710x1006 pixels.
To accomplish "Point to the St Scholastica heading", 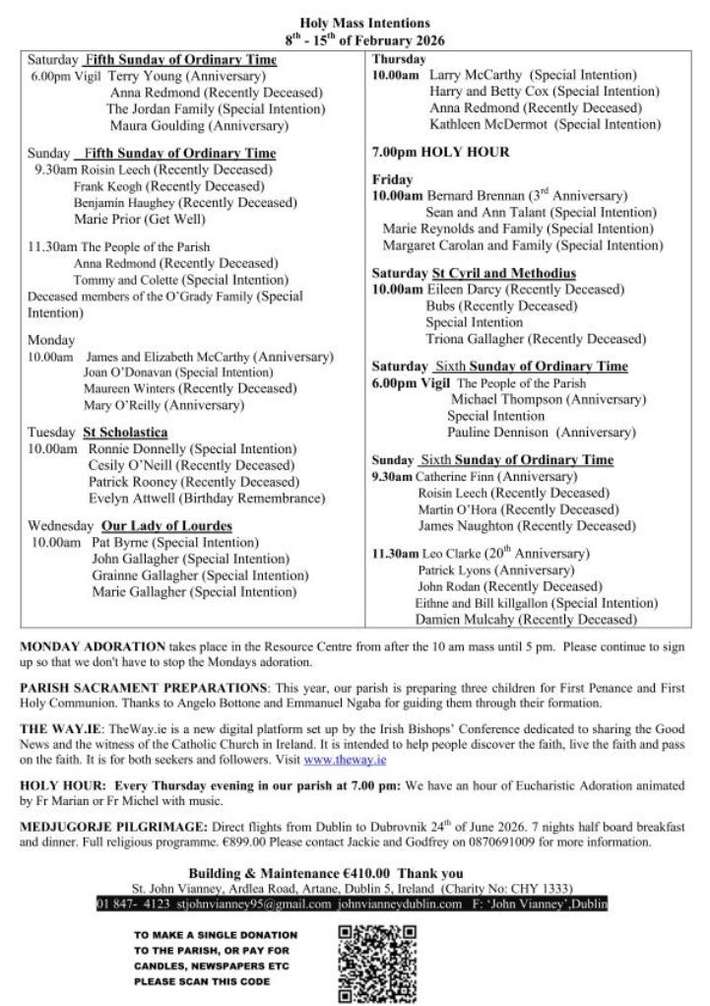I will (125, 433).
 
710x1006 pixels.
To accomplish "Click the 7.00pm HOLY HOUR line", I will (440, 153).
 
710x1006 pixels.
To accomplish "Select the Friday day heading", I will (393, 180).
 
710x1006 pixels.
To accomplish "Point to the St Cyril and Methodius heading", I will (504, 273).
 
